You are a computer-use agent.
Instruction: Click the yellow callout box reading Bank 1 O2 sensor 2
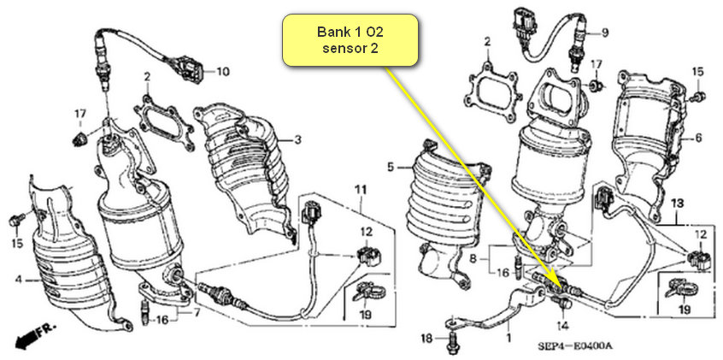[350, 39]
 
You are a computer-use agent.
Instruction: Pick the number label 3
[298, 139]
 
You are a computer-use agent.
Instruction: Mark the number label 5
[391, 167]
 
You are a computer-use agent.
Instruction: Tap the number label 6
[697, 136]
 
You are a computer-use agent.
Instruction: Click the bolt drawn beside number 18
[451, 339]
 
